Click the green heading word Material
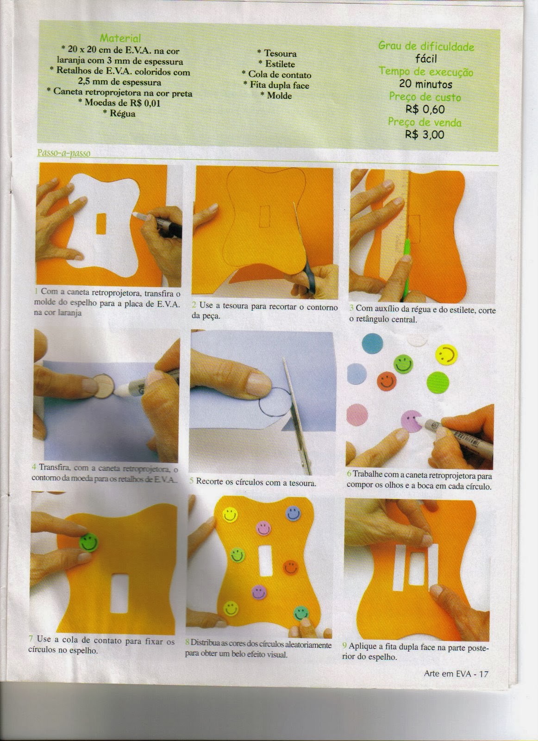(x=120, y=38)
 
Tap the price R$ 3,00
(x=425, y=135)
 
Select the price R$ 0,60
(x=425, y=109)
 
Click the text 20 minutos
(x=425, y=84)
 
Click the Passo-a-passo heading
(x=63, y=153)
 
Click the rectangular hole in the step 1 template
(x=101, y=224)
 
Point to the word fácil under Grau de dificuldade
(x=426, y=59)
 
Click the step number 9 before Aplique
(x=344, y=646)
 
